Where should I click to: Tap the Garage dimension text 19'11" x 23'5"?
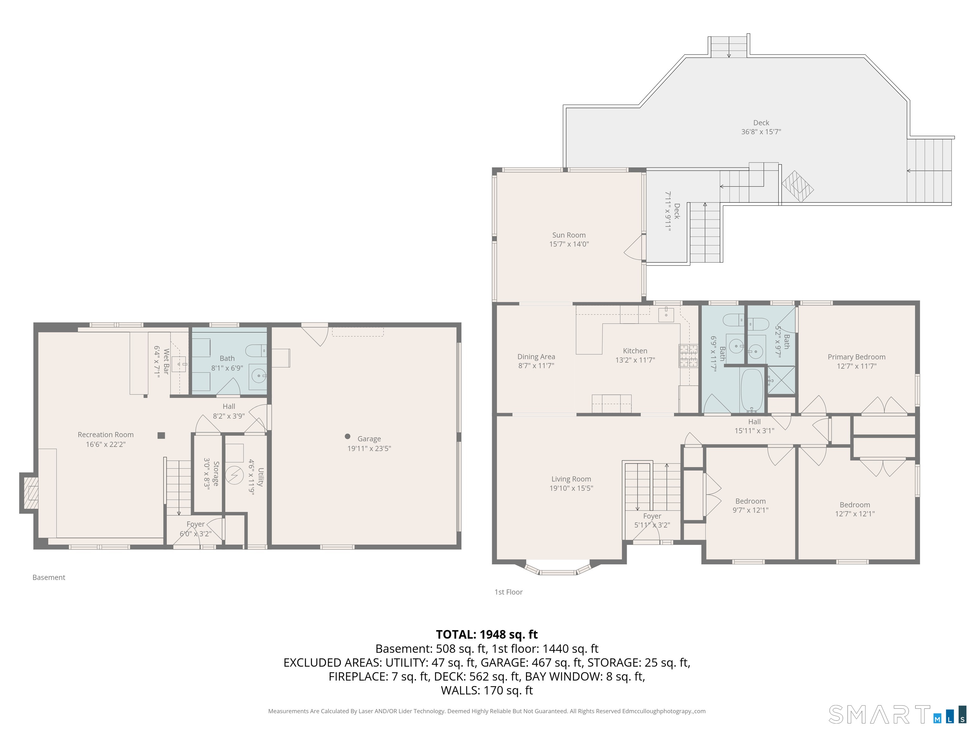coord(369,449)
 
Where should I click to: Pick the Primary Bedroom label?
coord(856,357)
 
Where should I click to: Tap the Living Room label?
coord(571,479)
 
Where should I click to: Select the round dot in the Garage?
coord(347,436)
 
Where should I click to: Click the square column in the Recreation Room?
coord(161,435)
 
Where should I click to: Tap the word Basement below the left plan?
coord(49,577)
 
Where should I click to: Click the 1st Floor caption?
coord(509,592)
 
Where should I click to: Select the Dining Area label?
coord(536,357)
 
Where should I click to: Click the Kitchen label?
coord(635,351)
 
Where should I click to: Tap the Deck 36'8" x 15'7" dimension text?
coord(761,132)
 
